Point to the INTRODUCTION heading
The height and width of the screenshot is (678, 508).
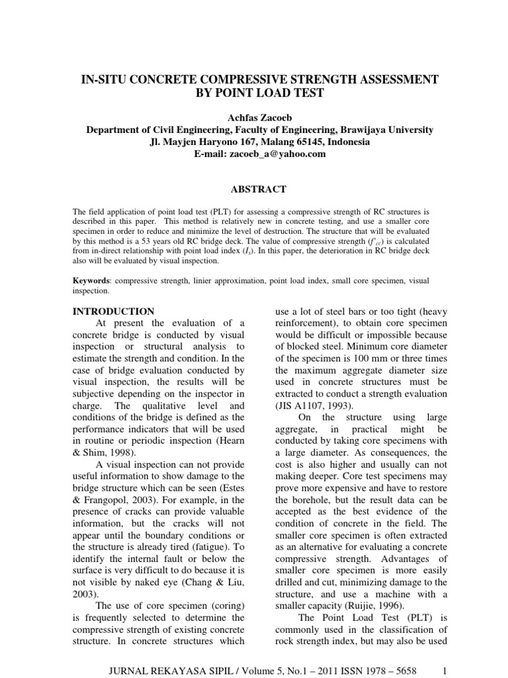[112, 311]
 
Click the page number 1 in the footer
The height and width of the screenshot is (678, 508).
[446, 652]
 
